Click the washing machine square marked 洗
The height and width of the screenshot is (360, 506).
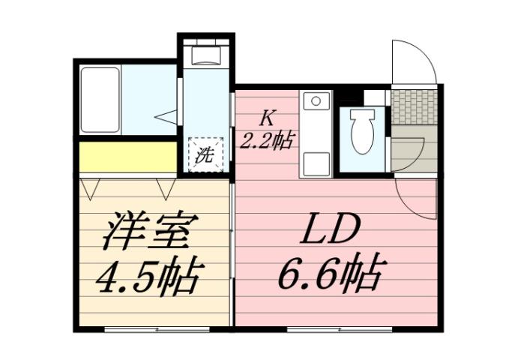[205, 154]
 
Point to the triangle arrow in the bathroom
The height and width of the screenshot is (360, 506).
[167, 116]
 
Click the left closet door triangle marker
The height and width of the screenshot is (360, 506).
[90, 187]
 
